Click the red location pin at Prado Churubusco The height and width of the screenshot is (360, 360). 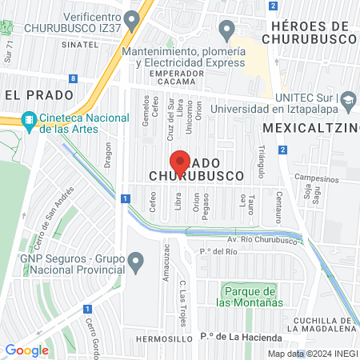180,163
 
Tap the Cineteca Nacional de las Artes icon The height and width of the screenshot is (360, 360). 30,120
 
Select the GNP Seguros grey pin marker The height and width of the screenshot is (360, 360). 136,260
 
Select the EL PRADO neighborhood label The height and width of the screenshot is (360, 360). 34,94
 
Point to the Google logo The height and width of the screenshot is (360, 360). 26,350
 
